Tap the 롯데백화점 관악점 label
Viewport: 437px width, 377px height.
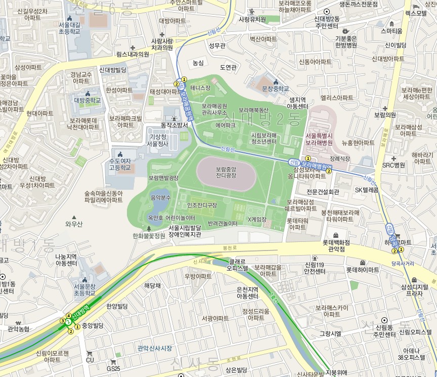pyautogui.click(x=340, y=245)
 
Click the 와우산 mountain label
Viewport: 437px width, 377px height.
pyautogui.click(x=74, y=223)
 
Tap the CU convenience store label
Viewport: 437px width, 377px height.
pyautogui.click(x=90, y=360)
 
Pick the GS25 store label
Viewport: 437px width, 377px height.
pyautogui.click(x=113, y=368)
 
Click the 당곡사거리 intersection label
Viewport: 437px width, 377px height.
pyautogui.click(x=403, y=263)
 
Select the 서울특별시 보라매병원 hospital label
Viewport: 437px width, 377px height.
pyautogui.click(x=319, y=139)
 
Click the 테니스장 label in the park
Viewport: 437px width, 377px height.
pyautogui.click(x=200, y=88)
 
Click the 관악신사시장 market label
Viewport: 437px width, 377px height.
pyautogui.click(x=155, y=348)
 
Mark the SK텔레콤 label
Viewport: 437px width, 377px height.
pyautogui.click(x=367, y=190)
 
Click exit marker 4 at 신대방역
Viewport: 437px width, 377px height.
pyautogui.click(x=68, y=316)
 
